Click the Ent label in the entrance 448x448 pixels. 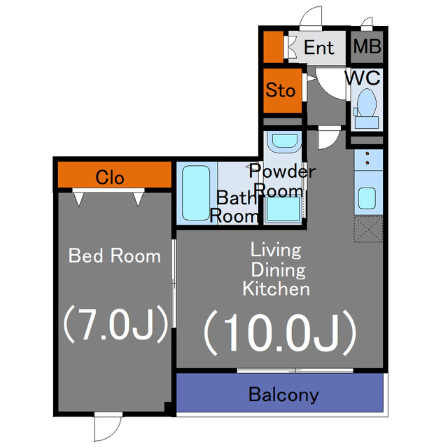pyautogui.click(x=318, y=48)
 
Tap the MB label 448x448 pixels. pyautogui.click(x=367, y=46)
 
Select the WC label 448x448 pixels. pyautogui.click(x=363, y=77)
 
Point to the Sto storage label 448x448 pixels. pyautogui.click(x=280, y=90)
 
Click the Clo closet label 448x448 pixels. pyautogui.click(x=110, y=177)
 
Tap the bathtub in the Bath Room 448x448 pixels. pyautogui.click(x=196, y=193)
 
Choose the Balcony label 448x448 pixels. pyautogui.click(x=283, y=394)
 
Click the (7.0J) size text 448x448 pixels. pyautogui.click(x=115, y=323)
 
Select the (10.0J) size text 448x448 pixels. pyautogui.click(x=280, y=332)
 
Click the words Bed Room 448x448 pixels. pyautogui.click(x=115, y=255)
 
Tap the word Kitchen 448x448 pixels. pyautogui.click(x=276, y=289)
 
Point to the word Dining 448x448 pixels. pyautogui.click(x=279, y=270)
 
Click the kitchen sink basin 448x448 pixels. pyautogui.click(x=367, y=198)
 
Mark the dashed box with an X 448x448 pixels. pyautogui.click(x=368, y=230)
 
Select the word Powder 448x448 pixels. pyautogui.click(x=282, y=171)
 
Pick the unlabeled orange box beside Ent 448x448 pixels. pyautogui.click(x=274, y=47)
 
